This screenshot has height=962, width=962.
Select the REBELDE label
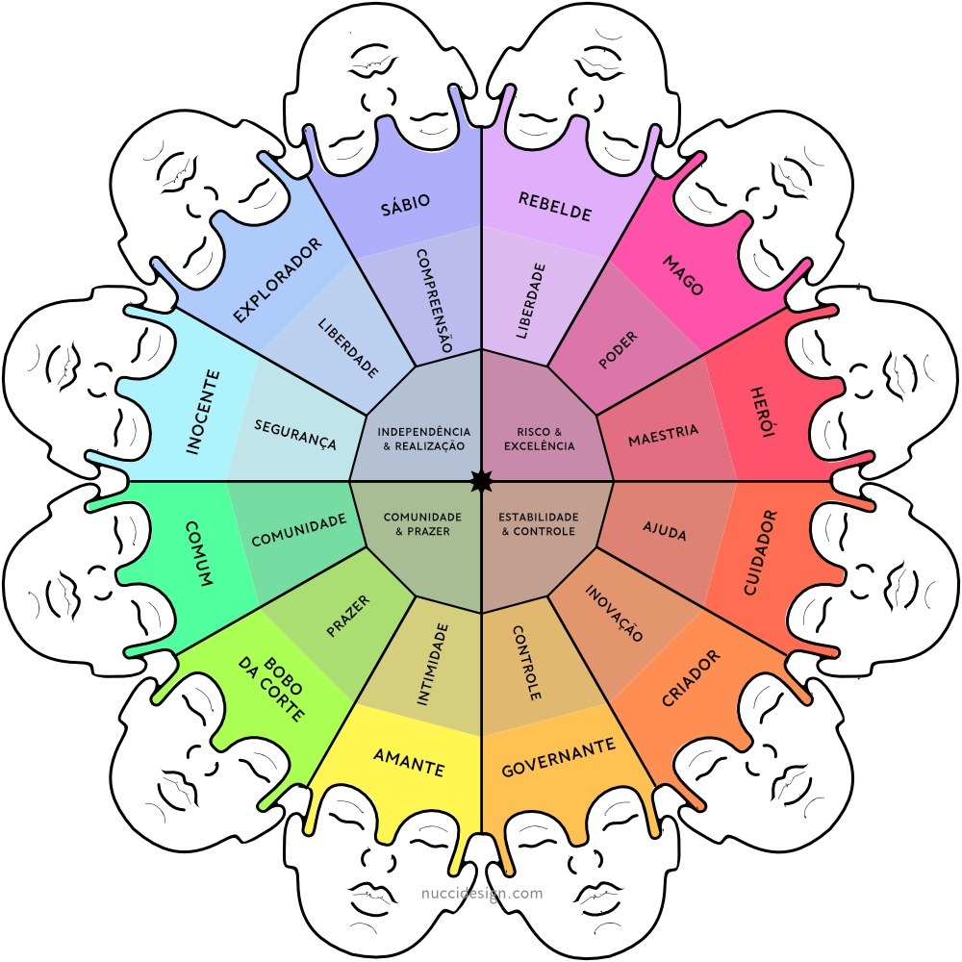coord(554,206)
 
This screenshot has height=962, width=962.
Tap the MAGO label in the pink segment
coord(682,275)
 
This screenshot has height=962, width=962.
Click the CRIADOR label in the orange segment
coord(690,679)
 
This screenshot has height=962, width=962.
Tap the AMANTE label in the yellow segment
coord(409,763)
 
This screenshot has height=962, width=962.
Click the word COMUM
coord(200,555)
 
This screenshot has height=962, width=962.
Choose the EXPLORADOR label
coord(278,279)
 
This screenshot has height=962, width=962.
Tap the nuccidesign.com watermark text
coord(482,893)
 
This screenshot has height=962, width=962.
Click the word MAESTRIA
coord(663,436)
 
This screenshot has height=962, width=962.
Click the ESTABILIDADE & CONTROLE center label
coord(539,523)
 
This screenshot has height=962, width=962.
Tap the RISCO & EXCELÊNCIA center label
coord(539,439)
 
